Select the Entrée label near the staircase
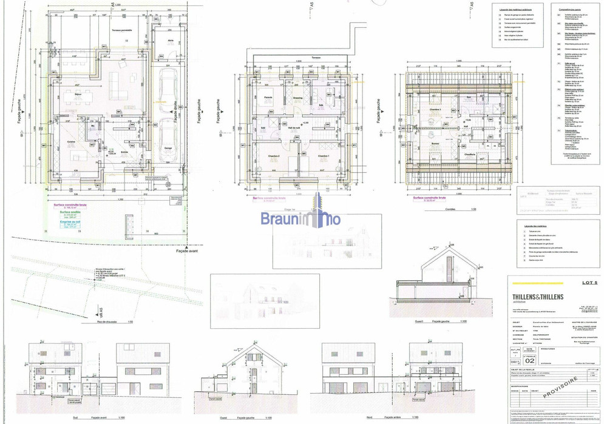125,152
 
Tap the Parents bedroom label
267,98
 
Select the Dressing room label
297,98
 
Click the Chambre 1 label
323,156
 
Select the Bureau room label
435,144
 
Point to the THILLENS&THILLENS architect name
538,296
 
